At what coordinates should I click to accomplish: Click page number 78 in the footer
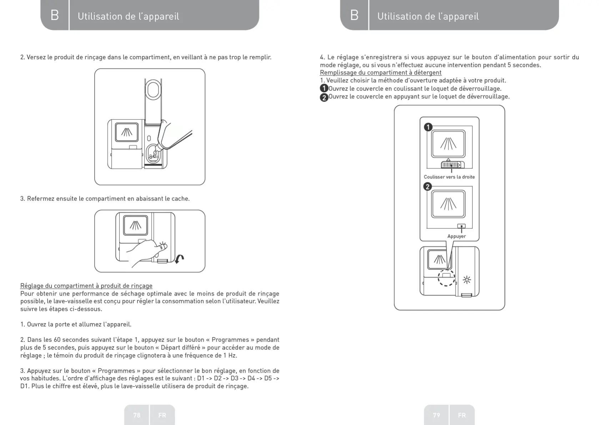pos(137,415)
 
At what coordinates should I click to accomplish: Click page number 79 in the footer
pos(436,415)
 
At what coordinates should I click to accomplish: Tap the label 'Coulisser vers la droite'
pos(449,177)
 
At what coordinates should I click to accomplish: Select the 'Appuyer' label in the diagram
pos(457,236)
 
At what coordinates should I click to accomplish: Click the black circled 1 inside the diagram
pos(428,127)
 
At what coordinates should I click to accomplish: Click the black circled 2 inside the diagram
pos(427,187)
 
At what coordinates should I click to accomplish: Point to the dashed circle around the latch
pos(446,278)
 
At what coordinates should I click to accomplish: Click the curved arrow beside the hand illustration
pos(180,258)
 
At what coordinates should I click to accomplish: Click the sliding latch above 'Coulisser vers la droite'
pos(453,165)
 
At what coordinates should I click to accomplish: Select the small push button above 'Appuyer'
pos(461,226)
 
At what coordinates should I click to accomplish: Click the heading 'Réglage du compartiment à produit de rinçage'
pos(86,286)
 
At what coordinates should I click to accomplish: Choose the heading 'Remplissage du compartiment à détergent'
pos(381,73)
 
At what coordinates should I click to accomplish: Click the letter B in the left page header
pos(55,15)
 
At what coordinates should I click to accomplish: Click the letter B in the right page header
pos(354,15)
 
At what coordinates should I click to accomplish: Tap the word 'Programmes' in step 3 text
pos(116,371)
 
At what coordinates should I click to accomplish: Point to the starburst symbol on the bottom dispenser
pos(467,280)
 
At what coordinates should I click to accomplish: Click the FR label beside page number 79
pos(462,415)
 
